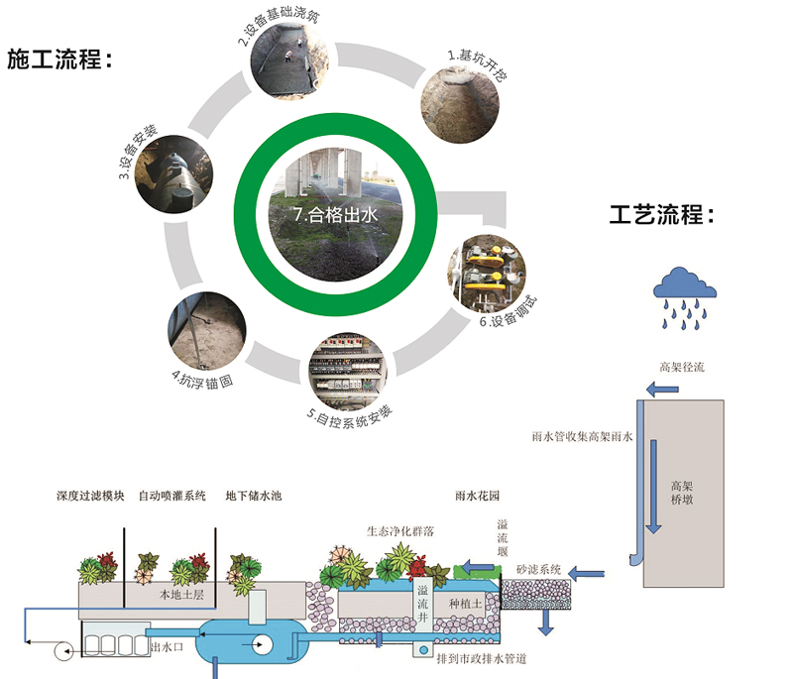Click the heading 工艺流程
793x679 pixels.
[661, 215]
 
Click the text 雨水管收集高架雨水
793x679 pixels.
[583, 435]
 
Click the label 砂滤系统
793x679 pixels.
[539, 570]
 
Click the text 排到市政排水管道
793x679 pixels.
[482, 658]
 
